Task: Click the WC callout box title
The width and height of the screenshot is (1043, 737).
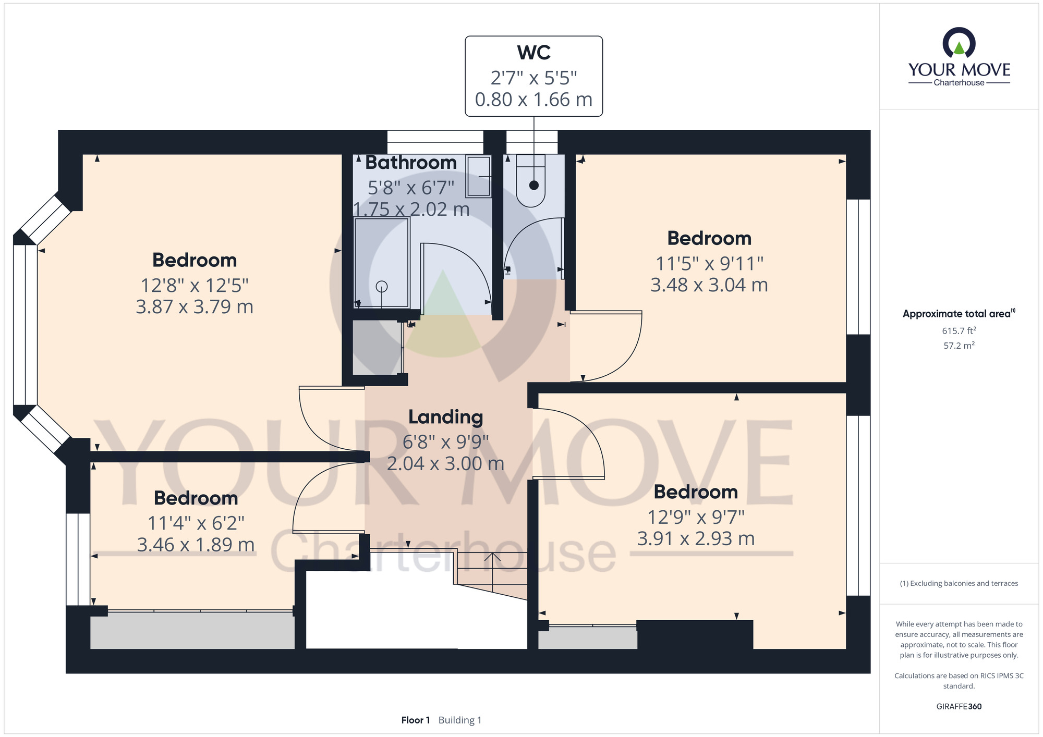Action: point(534,53)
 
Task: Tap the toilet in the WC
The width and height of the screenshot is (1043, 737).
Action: point(531,180)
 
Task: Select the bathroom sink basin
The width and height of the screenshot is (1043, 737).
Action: point(479,176)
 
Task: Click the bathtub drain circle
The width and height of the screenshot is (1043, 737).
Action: point(382,286)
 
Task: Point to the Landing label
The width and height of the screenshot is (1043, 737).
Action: point(446,417)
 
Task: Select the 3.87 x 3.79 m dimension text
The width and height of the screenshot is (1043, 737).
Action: point(195,307)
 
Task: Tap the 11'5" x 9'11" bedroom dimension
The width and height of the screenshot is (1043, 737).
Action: point(709,264)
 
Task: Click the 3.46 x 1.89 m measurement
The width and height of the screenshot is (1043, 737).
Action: point(196,545)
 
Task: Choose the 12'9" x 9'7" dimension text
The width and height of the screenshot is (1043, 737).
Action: point(696,517)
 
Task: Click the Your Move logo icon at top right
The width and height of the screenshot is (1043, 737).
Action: point(959,43)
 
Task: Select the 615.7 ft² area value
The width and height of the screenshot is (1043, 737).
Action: point(959,330)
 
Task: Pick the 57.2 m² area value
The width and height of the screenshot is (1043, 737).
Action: point(959,345)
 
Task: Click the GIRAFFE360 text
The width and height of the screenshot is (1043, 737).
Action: point(959,707)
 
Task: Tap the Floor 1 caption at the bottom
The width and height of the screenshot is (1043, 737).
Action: point(416,720)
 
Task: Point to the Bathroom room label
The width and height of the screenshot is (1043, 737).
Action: point(411,163)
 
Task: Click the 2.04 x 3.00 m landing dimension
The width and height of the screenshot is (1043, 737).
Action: point(446,463)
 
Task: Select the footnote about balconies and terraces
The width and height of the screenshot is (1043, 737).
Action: point(959,583)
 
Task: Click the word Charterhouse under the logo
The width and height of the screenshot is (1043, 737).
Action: point(959,82)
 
